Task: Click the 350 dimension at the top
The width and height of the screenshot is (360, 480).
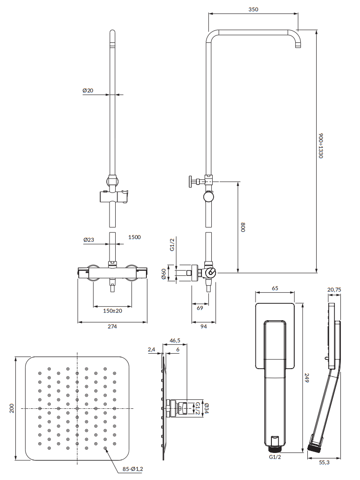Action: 253,9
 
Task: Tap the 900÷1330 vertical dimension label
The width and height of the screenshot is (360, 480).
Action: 321,145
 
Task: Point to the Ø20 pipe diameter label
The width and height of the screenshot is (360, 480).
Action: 89,90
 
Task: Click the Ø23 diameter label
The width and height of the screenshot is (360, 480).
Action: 89,240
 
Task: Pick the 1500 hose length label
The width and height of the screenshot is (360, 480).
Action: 134,237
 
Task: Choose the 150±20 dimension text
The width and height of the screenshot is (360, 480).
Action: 112,311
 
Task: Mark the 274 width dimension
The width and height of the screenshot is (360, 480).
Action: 112,327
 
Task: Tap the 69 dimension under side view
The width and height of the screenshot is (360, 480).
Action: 200,309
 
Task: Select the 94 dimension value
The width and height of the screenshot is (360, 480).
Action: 204,327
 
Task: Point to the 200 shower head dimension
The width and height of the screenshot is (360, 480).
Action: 11,408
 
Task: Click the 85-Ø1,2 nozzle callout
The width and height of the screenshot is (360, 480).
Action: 133,469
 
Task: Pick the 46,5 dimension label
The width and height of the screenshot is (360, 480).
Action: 175,341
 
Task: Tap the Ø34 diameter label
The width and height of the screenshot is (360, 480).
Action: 206,408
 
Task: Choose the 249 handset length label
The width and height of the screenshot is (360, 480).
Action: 307,379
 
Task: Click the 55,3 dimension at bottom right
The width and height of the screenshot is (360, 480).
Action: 324,463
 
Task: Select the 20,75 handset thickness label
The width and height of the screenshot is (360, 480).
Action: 334,290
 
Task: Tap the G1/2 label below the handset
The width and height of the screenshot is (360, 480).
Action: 275,458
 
